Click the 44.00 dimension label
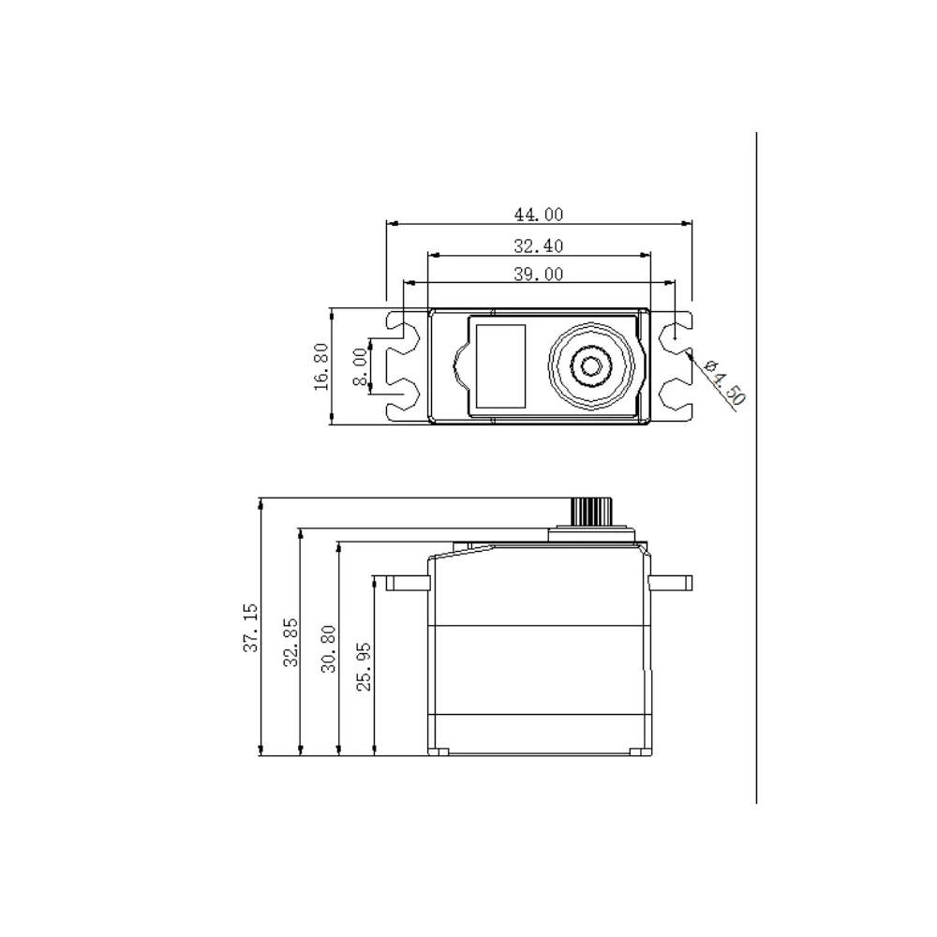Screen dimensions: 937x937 [x=538, y=215]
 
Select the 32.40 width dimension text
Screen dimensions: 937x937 [x=538, y=245]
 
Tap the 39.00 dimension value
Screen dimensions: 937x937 [x=538, y=274]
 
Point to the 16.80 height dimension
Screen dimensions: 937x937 [x=321, y=366]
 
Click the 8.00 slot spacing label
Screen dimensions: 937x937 [x=360, y=366]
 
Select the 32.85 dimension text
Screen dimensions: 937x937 [x=290, y=642]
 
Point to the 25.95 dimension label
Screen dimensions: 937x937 [x=365, y=666]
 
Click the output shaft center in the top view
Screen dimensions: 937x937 [x=591, y=366]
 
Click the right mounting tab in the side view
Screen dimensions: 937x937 [x=671, y=583]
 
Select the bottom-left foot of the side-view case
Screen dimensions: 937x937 [x=439, y=751]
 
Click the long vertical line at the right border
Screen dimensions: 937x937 [x=755, y=468]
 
